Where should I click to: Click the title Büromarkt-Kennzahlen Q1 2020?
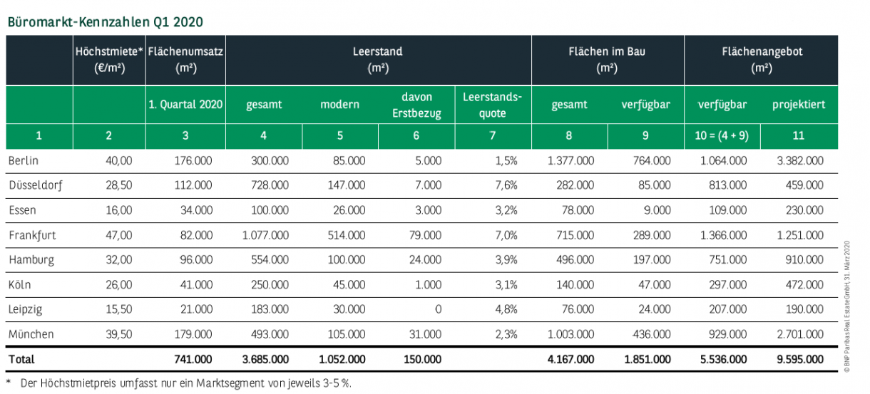point(105,21)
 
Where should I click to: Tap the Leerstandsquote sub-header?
point(492,104)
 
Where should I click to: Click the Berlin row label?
point(24,161)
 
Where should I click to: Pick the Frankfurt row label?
point(32,234)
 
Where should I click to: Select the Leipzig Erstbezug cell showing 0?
point(438,309)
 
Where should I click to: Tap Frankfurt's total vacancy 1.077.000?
point(265,234)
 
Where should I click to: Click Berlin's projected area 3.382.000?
point(800,161)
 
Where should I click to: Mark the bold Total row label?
point(21,359)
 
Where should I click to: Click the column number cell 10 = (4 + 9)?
point(722,135)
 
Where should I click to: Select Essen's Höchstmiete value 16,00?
point(119,210)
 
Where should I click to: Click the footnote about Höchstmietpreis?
point(182,383)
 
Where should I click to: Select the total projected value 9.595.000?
point(800,359)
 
